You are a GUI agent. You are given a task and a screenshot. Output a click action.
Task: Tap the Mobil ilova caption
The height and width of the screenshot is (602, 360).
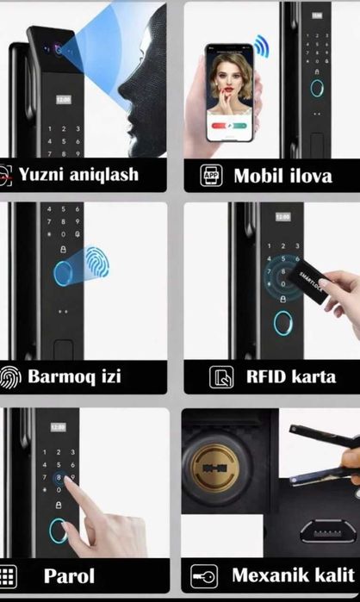282,176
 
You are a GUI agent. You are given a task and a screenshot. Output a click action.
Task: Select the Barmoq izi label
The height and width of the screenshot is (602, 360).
74,376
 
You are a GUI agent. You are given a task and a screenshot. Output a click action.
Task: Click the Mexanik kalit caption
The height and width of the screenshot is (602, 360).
292,574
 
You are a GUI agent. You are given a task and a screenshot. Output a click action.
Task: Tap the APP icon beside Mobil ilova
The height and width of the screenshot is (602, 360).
211,176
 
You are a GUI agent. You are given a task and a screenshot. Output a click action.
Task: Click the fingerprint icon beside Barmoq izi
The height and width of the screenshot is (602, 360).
10,376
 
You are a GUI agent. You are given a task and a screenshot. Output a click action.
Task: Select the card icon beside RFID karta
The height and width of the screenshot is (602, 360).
221,376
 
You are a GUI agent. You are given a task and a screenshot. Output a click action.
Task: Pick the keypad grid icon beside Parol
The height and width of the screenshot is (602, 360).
8,575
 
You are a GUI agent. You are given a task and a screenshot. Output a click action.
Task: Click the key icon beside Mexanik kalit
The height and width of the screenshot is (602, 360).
203,575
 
